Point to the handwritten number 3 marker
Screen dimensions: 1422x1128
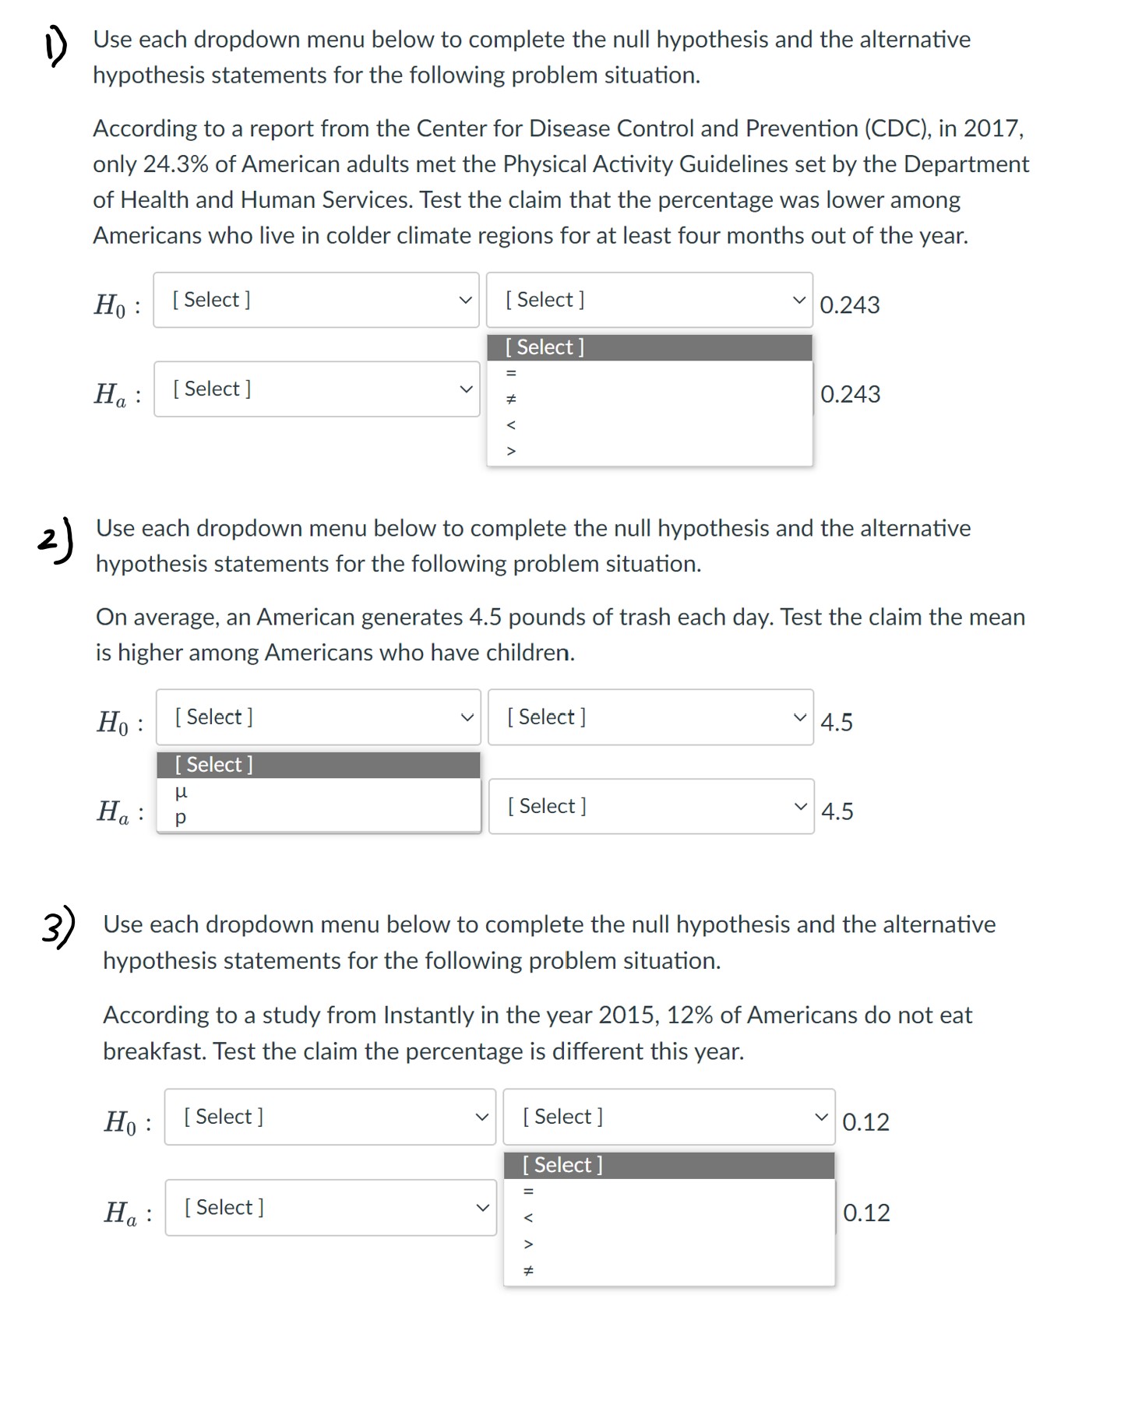pyautogui.click(x=58, y=926)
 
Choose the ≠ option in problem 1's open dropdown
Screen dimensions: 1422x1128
pyautogui.click(x=511, y=399)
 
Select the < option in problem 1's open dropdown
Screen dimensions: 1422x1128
pyautogui.click(x=511, y=425)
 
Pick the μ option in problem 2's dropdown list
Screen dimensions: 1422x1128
pyautogui.click(x=181, y=792)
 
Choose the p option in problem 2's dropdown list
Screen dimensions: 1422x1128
pyautogui.click(x=181, y=818)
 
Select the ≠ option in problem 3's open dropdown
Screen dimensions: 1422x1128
pyautogui.click(x=528, y=1271)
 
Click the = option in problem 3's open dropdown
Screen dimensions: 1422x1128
pyautogui.click(x=528, y=1191)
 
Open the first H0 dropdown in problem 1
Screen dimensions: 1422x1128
pyautogui.click(x=316, y=300)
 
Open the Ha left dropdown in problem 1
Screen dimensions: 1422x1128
pyautogui.click(x=316, y=389)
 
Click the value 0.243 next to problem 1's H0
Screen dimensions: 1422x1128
pyautogui.click(x=850, y=304)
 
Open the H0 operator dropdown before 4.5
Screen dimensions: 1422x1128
pyautogui.click(x=650, y=717)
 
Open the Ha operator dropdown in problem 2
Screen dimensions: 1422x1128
pyautogui.click(x=650, y=806)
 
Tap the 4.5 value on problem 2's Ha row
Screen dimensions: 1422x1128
pyautogui.click(x=837, y=811)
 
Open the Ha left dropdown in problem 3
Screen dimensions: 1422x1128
pyautogui.click(x=330, y=1207)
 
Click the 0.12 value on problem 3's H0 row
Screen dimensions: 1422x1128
pyautogui.click(x=865, y=1122)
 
